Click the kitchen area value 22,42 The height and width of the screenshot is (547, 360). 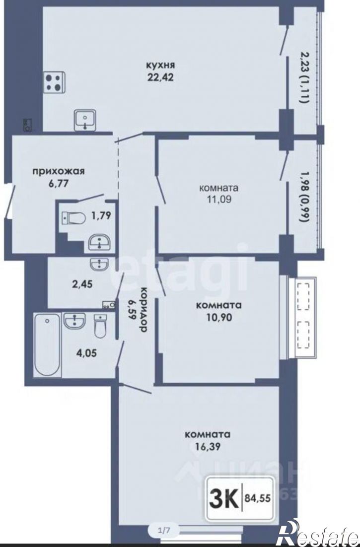point(160,77)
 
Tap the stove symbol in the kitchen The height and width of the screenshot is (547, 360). point(55,83)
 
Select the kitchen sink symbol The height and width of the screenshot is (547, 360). point(85,120)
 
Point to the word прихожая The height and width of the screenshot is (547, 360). point(59,171)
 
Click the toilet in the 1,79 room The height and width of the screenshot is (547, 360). point(73,219)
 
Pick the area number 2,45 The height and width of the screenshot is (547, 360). point(82,284)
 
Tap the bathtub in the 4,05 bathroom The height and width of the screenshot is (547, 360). point(47,344)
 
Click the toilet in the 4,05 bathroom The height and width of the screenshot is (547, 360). point(100,326)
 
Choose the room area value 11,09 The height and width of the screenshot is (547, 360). point(218,199)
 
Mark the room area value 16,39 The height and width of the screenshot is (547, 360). point(208,446)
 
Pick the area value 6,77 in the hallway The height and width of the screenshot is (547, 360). point(59,184)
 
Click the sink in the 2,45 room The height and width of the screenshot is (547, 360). point(100,264)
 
